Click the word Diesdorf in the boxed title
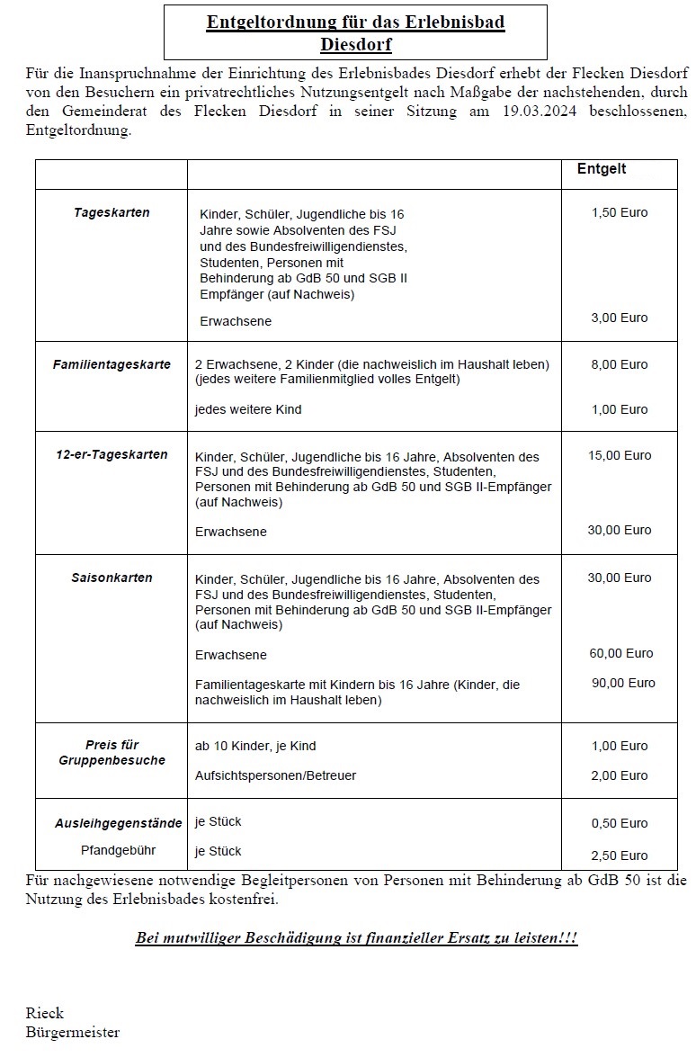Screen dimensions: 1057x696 [355, 44]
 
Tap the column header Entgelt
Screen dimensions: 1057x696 [602, 169]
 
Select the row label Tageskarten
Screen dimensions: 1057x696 [112, 213]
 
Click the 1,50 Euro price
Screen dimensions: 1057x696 [620, 213]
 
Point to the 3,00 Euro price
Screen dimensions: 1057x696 [620, 318]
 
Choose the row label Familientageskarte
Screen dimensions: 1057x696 [112, 364]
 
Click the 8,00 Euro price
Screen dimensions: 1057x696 [620, 364]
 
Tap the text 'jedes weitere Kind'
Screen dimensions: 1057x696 [248, 409]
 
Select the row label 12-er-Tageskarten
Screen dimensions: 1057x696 [112, 454]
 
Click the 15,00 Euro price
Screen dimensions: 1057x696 [620, 455]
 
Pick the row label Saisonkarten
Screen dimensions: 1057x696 [112, 578]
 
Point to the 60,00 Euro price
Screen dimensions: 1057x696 [620, 653]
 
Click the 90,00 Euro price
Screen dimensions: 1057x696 [623, 683]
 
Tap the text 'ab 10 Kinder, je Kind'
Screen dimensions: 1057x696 [255, 746]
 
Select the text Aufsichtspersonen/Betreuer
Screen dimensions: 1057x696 [275, 775]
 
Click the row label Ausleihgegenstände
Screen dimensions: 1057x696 [112, 823]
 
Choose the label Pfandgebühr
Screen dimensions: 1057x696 [111, 850]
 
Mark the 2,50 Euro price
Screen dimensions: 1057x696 [620, 855]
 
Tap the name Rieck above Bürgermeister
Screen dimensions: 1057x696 [44, 1013]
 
